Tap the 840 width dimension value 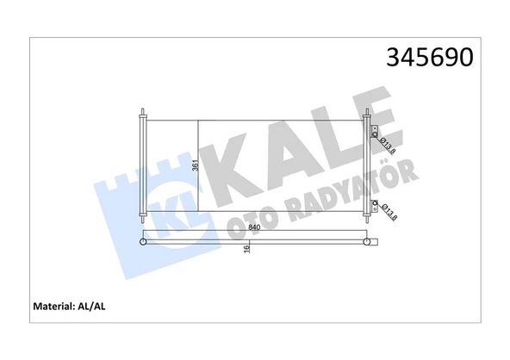[x=255, y=227]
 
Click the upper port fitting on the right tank [x=375, y=133]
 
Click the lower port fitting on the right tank [x=375, y=204]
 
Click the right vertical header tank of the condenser [x=368, y=169]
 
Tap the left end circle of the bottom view [x=142, y=242]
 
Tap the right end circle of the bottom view [x=368, y=242]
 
